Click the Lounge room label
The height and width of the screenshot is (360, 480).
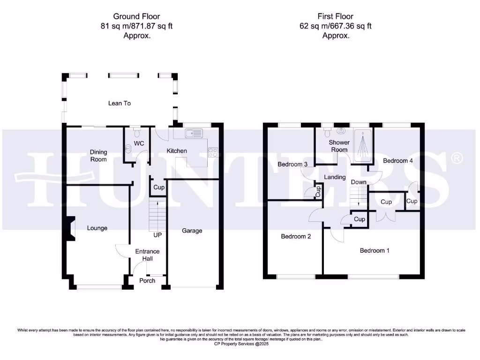click(x=97, y=228)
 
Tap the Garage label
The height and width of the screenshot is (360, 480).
click(x=192, y=231)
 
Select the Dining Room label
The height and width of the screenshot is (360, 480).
click(x=98, y=156)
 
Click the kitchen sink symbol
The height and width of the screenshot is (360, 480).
click(x=194, y=134)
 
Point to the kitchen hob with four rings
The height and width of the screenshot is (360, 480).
click(x=213, y=152)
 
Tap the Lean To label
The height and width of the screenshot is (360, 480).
click(x=120, y=103)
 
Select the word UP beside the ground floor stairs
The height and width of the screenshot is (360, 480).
click(x=157, y=234)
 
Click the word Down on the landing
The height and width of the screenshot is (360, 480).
click(x=359, y=182)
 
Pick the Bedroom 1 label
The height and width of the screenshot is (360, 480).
click(x=375, y=251)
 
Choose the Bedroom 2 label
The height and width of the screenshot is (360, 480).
click(x=296, y=237)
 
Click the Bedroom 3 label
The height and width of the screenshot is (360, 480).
click(x=292, y=165)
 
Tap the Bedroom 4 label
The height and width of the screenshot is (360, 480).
click(x=398, y=161)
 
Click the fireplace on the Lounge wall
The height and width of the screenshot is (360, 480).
click(x=70, y=228)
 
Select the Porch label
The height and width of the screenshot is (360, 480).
click(x=148, y=281)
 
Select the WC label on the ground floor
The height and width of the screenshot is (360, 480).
click(x=139, y=143)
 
